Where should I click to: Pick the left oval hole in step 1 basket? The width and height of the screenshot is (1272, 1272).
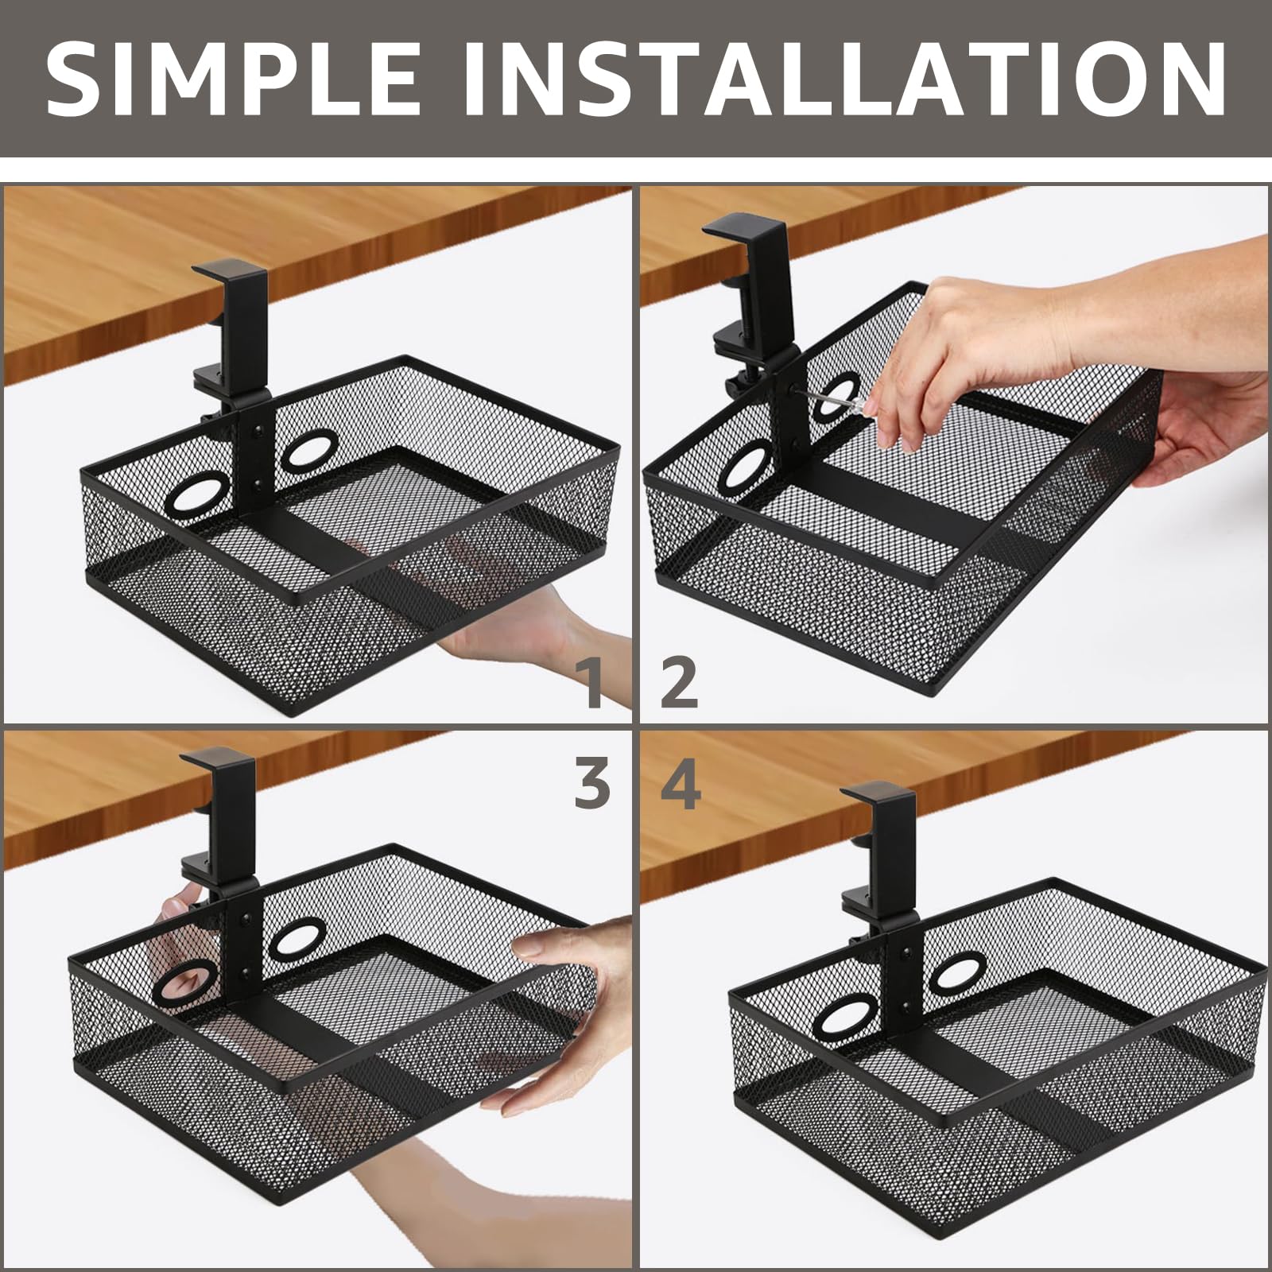coord(196,494)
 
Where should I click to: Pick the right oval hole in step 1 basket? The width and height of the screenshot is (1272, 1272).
coord(311,451)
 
